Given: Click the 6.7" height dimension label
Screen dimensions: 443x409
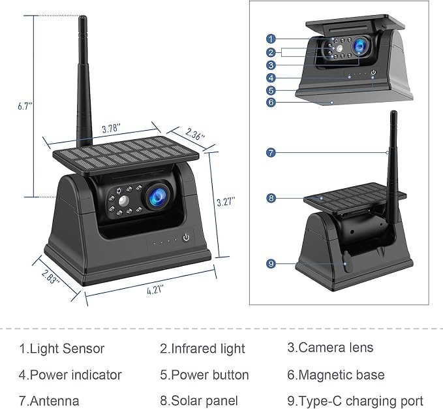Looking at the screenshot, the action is [25, 106].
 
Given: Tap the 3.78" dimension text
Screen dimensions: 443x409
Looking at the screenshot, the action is [112, 129].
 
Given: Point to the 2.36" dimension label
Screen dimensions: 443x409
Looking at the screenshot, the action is [194, 134].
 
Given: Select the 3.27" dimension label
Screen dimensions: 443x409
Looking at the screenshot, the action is [226, 202].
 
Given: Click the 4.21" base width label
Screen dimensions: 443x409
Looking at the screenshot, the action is [155, 290].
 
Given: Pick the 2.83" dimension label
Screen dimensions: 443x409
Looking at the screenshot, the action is [51, 276].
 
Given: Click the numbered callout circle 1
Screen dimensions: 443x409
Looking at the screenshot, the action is [271, 39].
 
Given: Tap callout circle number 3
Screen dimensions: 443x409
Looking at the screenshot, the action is [271, 65].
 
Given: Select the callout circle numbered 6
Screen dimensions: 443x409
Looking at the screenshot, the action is [271, 102].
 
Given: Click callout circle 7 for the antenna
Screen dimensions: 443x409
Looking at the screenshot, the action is [271, 153].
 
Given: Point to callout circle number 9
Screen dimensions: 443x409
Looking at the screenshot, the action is [271, 263].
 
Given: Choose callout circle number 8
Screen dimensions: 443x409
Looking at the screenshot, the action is [271, 198].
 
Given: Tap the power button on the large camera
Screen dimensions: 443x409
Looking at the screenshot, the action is [186, 237].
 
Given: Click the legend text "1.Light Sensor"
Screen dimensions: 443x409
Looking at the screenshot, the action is [62, 348].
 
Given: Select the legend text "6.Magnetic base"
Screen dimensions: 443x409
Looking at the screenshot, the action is [336, 375].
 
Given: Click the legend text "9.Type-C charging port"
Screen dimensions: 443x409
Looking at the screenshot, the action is [355, 401].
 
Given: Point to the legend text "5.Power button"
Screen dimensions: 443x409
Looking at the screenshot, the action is [204, 375].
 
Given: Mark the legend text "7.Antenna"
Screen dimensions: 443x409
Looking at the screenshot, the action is [49, 401].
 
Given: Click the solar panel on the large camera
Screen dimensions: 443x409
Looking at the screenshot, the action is [126, 155].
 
